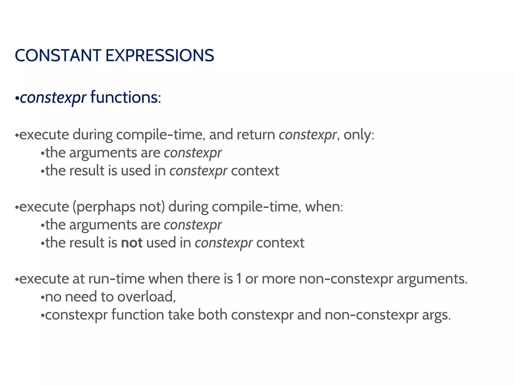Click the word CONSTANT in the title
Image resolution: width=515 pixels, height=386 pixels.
pyautogui.click(x=58, y=56)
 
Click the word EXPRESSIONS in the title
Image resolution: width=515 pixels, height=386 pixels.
pyautogui.click(x=160, y=56)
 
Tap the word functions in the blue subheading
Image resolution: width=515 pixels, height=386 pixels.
pyautogui.click(x=124, y=98)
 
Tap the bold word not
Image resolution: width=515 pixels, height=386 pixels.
pyautogui.click(x=132, y=243)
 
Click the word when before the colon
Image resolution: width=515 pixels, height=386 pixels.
pyautogui.click(x=322, y=207)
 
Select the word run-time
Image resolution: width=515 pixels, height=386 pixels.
pyautogui.click(x=116, y=279)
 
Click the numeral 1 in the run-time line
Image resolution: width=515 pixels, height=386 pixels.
pyautogui.click(x=239, y=279)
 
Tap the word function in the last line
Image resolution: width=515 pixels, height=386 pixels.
pyautogui.click(x=138, y=315)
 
